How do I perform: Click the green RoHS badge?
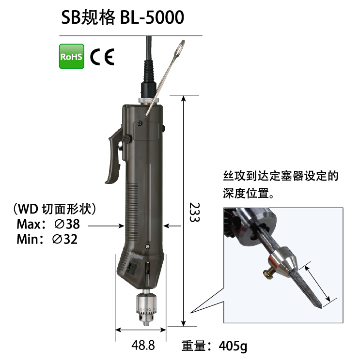pos(71,56)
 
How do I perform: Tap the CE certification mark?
pos(102,57)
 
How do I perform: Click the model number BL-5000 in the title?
pos(152,17)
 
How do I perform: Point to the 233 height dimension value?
pos(194,212)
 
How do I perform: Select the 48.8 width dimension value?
pos(143,346)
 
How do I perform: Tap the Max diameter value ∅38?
pos(67,224)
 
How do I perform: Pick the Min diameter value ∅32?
pos(65,239)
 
